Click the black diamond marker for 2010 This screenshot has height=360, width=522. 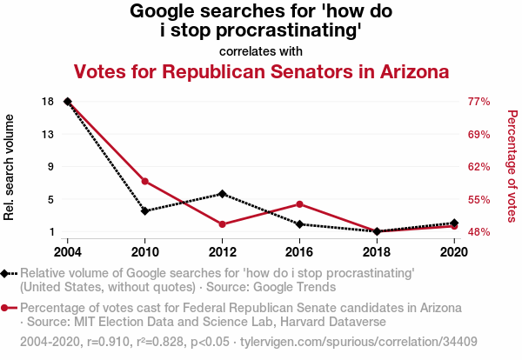coord(145,210)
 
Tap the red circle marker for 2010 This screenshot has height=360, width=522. coord(145,181)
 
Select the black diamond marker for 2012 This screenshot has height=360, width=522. coord(223,194)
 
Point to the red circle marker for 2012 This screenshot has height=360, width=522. coord(223,224)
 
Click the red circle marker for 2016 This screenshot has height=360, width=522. coord(299,204)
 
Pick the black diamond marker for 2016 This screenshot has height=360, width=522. coord(299,224)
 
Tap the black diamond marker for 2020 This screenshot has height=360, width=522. coord(454,223)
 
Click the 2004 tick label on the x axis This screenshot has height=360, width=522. coord(68,252)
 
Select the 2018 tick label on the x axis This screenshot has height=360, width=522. coord(377,252)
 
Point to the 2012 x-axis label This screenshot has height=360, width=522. coord(223,252)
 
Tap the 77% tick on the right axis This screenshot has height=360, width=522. coord(479,102)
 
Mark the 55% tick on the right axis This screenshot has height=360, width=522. coord(479,200)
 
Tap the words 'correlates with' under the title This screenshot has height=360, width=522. coord(261,51)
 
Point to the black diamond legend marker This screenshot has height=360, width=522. coord(6,273)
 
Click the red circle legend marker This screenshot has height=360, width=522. coord(6,308)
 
